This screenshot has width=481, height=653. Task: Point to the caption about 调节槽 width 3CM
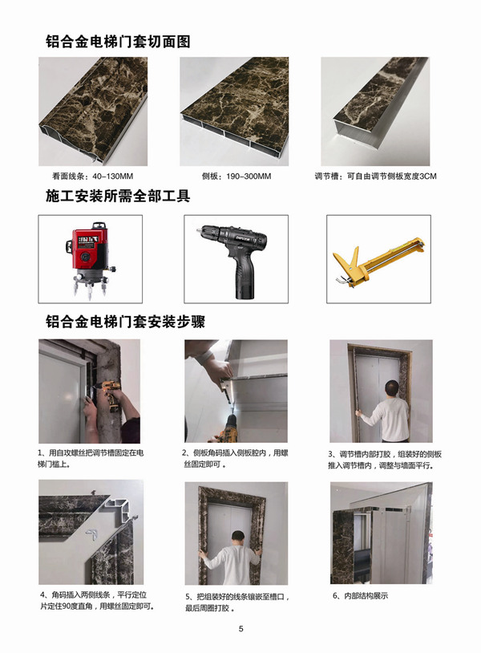[376, 176]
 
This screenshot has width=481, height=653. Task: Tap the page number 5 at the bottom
[240, 628]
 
